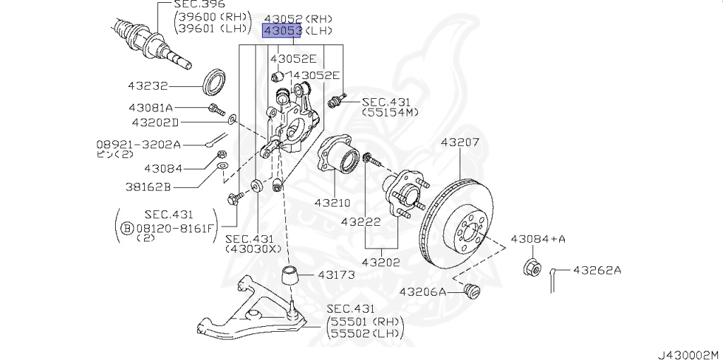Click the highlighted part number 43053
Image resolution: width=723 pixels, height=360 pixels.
click(x=282, y=31)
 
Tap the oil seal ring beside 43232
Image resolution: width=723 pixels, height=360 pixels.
click(x=215, y=82)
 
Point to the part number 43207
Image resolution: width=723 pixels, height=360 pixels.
click(x=460, y=142)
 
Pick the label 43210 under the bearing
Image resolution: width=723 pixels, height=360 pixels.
click(x=333, y=203)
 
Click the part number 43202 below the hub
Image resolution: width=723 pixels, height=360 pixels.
click(x=381, y=263)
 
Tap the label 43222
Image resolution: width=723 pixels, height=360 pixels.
click(x=361, y=222)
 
